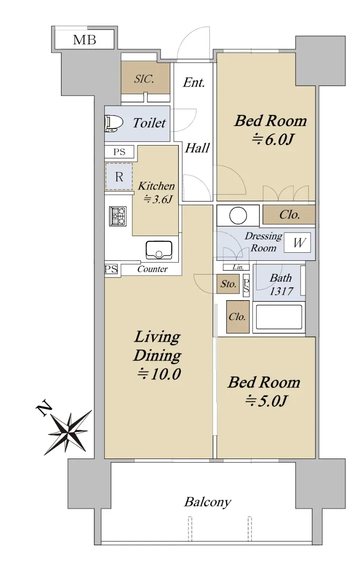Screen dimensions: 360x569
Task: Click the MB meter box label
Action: coord(84,40)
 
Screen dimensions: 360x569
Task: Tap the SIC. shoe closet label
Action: coord(144,79)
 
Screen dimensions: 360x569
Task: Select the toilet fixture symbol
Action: coord(113,123)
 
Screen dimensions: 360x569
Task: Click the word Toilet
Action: coord(149,123)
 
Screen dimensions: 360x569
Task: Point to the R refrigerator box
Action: coord(119,177)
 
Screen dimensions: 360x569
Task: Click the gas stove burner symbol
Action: coord(118,216)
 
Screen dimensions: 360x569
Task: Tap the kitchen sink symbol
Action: coord(159,250)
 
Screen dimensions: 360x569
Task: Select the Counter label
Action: coord(152,269)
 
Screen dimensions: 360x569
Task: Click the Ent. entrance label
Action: coord(194,83)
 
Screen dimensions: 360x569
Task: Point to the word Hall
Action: coord(197,148)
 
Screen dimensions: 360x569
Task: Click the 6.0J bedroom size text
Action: coord(273,139)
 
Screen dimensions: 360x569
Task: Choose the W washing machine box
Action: coord(297,243)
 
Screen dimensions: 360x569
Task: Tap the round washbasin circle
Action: coord(238,215)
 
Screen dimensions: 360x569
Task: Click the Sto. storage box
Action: coord(228,284)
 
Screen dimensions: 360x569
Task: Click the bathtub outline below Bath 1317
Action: coord(279,317)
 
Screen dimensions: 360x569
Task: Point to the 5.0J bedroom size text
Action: coord(266,401)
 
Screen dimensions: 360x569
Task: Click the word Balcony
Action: coord(208,502)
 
